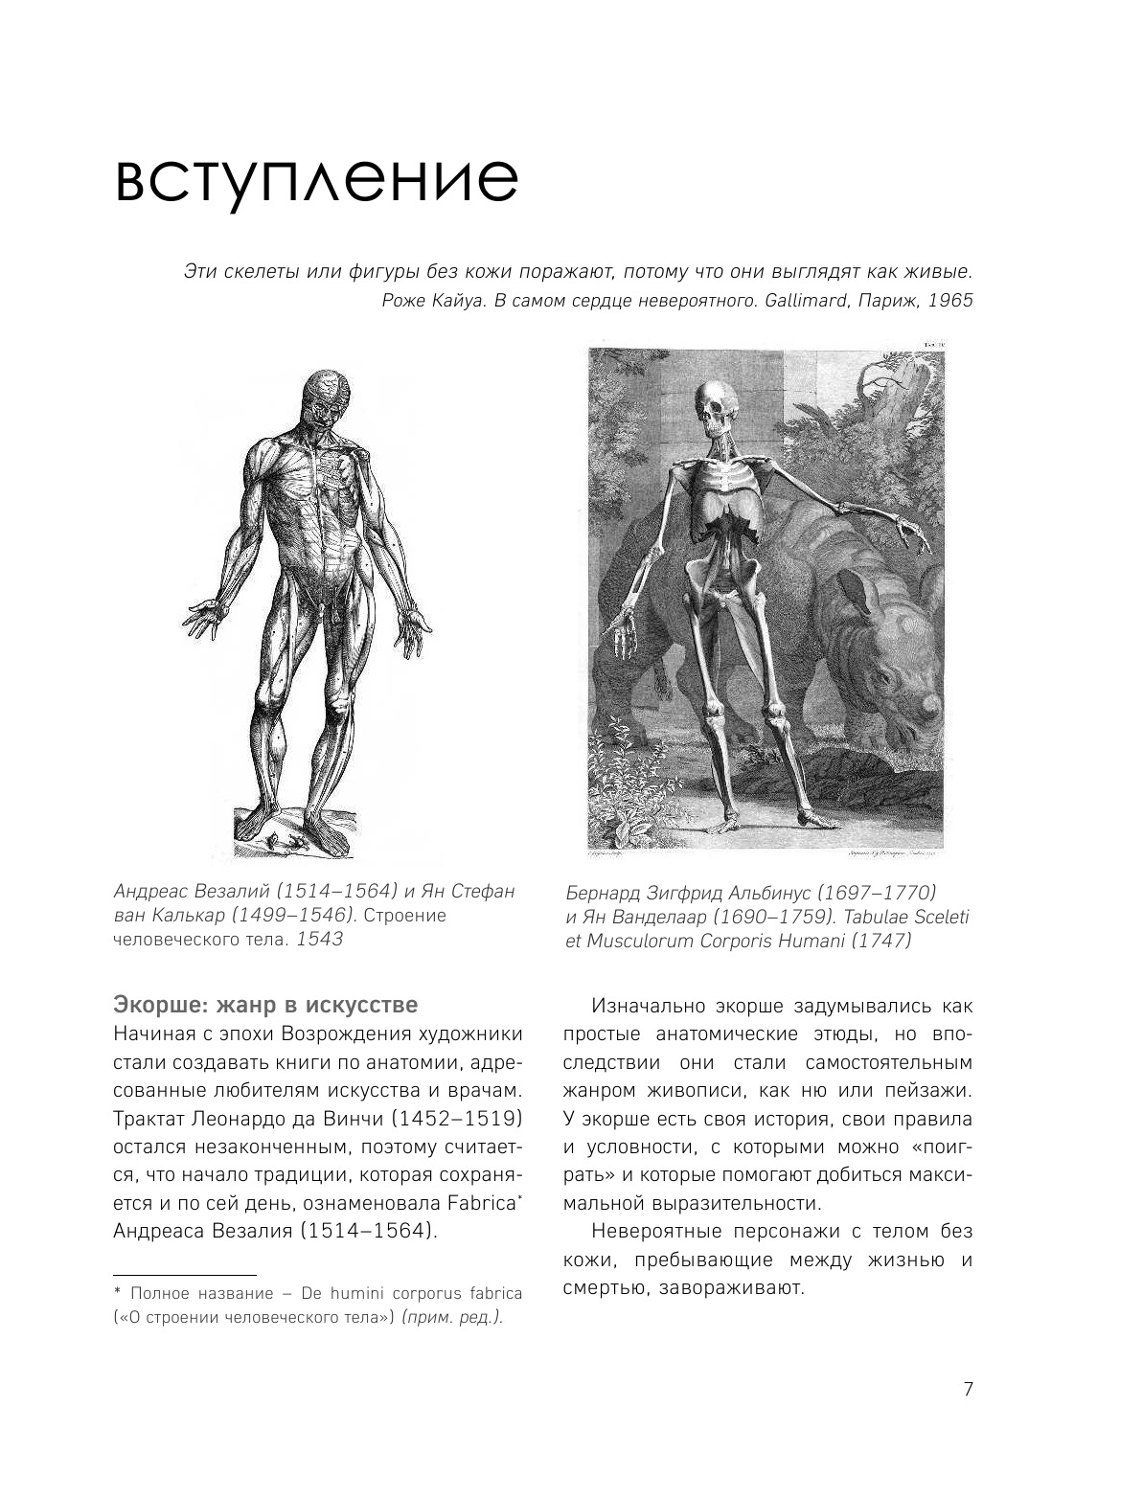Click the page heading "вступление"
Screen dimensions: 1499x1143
pos(316,179)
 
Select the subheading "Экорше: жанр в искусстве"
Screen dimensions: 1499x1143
pos(265,1006)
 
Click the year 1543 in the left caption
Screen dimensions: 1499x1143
pos(319,939)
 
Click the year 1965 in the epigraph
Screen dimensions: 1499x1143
pos(949,300)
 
